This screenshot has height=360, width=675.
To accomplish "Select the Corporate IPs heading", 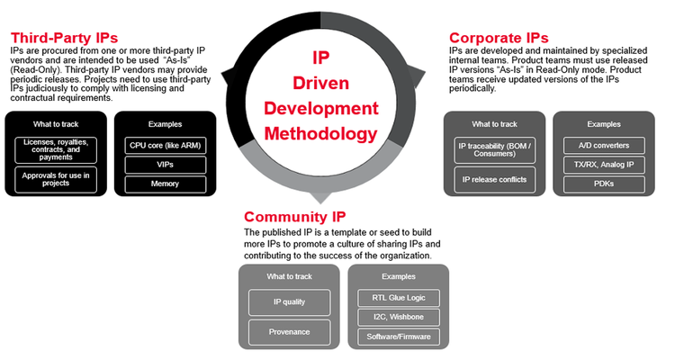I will click(x=499, y=39).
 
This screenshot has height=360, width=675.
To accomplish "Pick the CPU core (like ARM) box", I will click(x=165, y=144).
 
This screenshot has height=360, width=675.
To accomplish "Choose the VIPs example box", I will click(x=165, y=164).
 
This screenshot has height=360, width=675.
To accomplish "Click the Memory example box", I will click(x=165, y=184).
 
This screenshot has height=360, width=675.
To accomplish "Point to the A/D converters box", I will click(x=604, y=145).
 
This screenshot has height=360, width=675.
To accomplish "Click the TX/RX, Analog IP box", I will click(x=604, y=165).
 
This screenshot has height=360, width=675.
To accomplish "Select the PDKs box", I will click(x=604, y=184).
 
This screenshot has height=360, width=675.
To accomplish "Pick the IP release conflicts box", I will click(x=494, y=179).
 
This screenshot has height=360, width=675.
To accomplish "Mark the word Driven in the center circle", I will click(x=319, y=83).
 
